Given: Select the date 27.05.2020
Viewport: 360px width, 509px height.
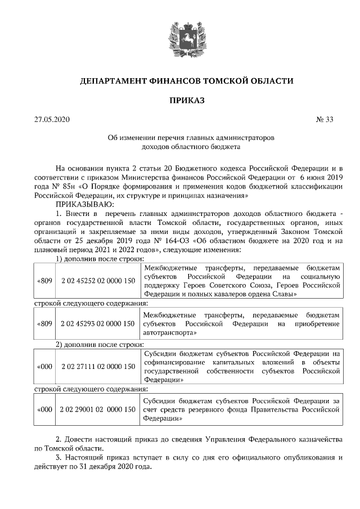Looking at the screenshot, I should click(52, 119).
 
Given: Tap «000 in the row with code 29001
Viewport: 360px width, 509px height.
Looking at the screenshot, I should click(44, 409).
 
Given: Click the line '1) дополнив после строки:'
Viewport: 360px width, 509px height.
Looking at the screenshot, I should click(100, 259).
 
